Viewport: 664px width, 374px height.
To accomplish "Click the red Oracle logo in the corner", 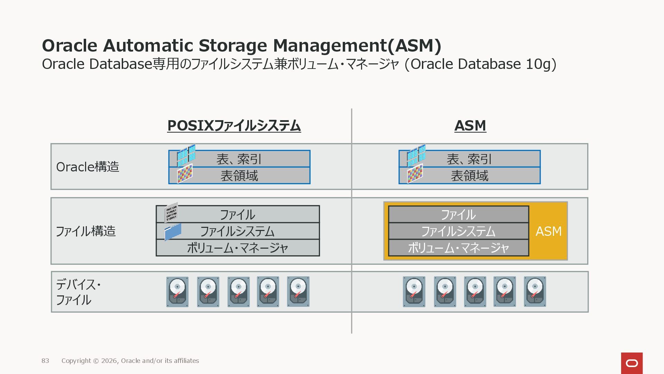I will pyautogui.click(x=631, y=363).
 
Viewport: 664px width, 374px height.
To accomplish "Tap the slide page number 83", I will pyautogui.click(x=45, y=361).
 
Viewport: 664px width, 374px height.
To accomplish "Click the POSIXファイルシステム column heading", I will pyautogui.click(x=234, y=125).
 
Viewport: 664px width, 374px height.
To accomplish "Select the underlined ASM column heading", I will pyautogui.click(x=470, y=125).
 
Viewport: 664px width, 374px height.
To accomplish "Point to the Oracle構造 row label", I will pyautogui.click(x=87, y=167).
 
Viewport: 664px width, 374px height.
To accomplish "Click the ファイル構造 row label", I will pyautogui.click(x=85, y=231).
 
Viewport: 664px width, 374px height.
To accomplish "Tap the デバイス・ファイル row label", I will pyautogui.click(x=78, y=292).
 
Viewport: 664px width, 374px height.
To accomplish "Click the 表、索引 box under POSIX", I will pyautogui.click(x=239, y=159).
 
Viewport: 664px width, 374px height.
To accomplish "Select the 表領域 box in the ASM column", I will pyautogui.click(x=469, y=176).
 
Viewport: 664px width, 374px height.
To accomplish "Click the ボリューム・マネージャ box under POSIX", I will pyautogui.click(x=238, y=248).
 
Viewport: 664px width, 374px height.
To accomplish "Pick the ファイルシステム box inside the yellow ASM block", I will pyautogui.click(x=458, y=231).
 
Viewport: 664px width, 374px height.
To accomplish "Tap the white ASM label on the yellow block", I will pyautogui.click(x=548, y=231).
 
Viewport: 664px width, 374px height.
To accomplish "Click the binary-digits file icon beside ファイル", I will pyautogui.click(x=171, y=212).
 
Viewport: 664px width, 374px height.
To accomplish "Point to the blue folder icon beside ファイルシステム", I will pyautogui.click(x=173, y=232).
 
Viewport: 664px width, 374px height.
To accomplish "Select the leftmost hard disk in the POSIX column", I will pyautogui.click(x=177, y=292).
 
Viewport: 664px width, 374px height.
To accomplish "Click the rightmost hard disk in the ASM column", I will pyautogui.click(x=535, y=292).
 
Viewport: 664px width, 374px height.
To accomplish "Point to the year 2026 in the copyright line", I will pyautogui.click(x=109, y=361).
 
